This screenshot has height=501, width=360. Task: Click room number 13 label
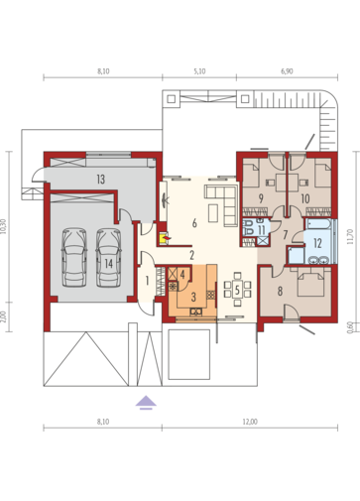[x=101, y=180]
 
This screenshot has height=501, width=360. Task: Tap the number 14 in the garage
[x=109, y=264]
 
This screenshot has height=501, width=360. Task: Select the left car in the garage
[x=74, y=257]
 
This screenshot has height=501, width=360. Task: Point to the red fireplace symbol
[x=165, y=238]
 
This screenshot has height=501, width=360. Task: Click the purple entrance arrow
[x=146, y=403]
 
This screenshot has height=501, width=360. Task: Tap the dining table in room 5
[x=237, y=289]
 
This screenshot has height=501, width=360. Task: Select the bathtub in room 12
[x=317, y=224]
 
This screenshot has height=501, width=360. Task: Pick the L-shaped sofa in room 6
[x=225, y=204]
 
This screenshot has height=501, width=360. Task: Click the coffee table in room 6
[x=213, y=212]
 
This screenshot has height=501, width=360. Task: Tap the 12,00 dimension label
[x=250, y=422]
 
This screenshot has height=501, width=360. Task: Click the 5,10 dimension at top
[x=199, y=71]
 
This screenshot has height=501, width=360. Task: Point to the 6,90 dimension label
[x=287, y=71]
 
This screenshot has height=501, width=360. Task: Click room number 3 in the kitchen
[x=193, y=297]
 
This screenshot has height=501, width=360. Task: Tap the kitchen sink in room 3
[x=196, y=312]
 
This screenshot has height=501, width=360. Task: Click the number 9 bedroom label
[x=261, y=198]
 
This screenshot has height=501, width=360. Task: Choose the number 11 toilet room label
[x=262, y=229]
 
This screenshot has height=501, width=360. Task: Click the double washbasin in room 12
[x=318, y=260]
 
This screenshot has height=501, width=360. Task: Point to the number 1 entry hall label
[x=147, y=281]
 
